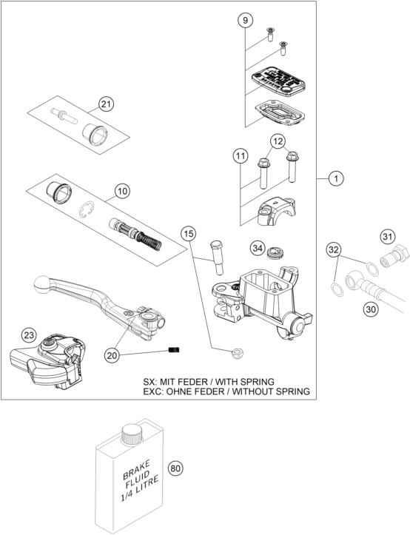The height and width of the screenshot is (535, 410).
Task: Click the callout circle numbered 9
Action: pyautogui.click(x=245, y=21)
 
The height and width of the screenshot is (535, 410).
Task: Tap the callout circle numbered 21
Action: pyautogui.click(x=106, y=104)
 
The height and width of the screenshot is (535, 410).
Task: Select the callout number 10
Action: pyautogui.click(x=122, y=191)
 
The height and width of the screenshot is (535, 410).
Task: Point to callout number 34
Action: pyautogui.click(x=257, y=249)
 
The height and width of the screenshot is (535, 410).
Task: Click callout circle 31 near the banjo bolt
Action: pyautogui.click(x=387, y=237)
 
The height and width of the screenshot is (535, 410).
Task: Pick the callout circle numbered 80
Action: pyautogui.click(x=175, y=468)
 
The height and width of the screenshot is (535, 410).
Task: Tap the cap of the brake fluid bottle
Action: pyautogui.click(x=132, y=434)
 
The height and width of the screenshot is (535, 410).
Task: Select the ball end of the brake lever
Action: pyautogui.click(x=42, y=284)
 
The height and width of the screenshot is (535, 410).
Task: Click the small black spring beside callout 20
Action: pyautogui.click(x=174, y=350)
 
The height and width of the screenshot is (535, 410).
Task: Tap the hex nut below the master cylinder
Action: pyautogui.click(x=236, y=353)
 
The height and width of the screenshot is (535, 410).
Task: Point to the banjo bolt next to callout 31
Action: pyautogui.click(x=395, y=257)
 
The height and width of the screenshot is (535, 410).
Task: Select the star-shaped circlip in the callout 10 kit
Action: pyautogui.click(x=87, y=209)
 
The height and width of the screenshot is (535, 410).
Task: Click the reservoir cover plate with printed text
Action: pyautogui.click(x=278, y=80)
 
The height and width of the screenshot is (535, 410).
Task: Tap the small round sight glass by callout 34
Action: pyautogui.click(x=276, y=254)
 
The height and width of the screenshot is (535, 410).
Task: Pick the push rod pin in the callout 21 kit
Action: pyautogui.click(x=64, y=115)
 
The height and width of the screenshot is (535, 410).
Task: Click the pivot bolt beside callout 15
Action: pyautogui.click(x=217, y=258)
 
